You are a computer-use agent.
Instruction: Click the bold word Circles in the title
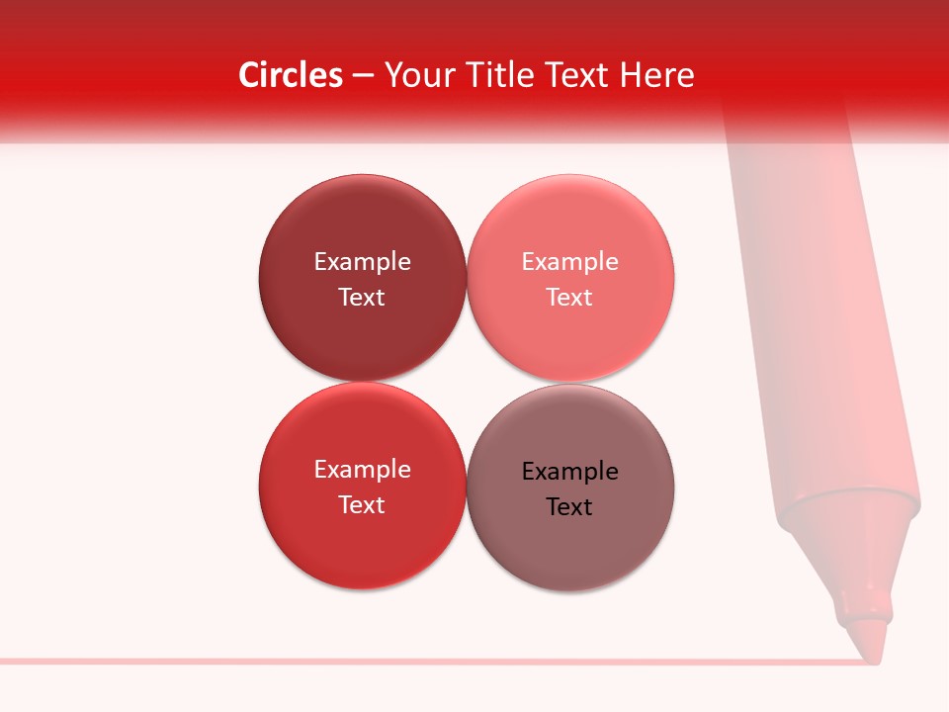click(x=291, y=75)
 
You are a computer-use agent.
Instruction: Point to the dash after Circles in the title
click(x=363, y=76)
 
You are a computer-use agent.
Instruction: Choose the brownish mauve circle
click(x=569, y=554)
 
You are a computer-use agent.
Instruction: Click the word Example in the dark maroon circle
click(x=362, y=262)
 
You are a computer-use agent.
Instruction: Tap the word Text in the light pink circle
click(x=569, y=297)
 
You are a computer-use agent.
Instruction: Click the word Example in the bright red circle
click(x=362, y=470)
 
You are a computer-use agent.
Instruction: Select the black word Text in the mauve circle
click(x=569, y=506)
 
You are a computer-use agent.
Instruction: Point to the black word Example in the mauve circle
click(x=569, y=472)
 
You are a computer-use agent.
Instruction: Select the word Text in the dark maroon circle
click(x=362, y=297)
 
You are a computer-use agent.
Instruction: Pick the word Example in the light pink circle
click(x=569, y=262)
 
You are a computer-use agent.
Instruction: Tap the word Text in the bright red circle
click(x=362, y=504)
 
